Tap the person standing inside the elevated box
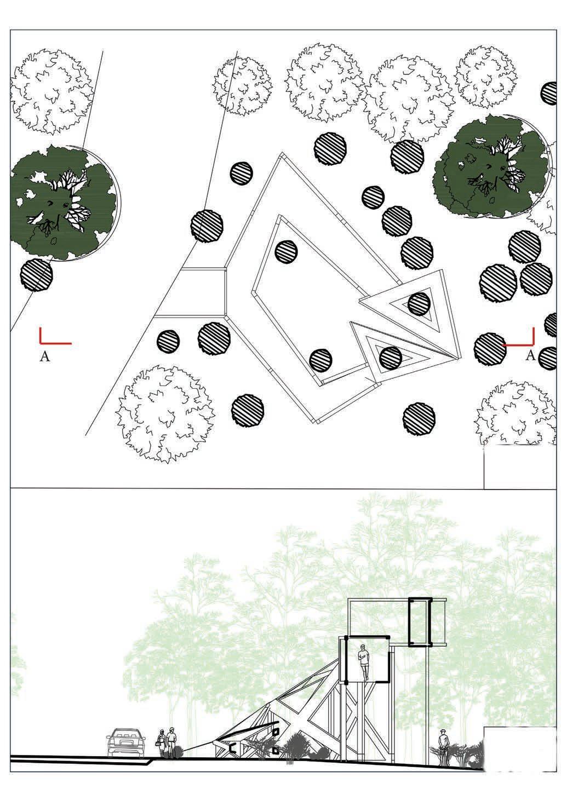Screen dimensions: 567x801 [363, 662]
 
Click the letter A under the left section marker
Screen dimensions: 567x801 [45, 356]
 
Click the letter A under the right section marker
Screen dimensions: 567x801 [531, 355]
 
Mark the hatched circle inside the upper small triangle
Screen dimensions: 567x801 [419, 304]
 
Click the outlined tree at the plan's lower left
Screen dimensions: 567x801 [164, 414]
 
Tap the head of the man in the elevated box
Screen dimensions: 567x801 [363, 647]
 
